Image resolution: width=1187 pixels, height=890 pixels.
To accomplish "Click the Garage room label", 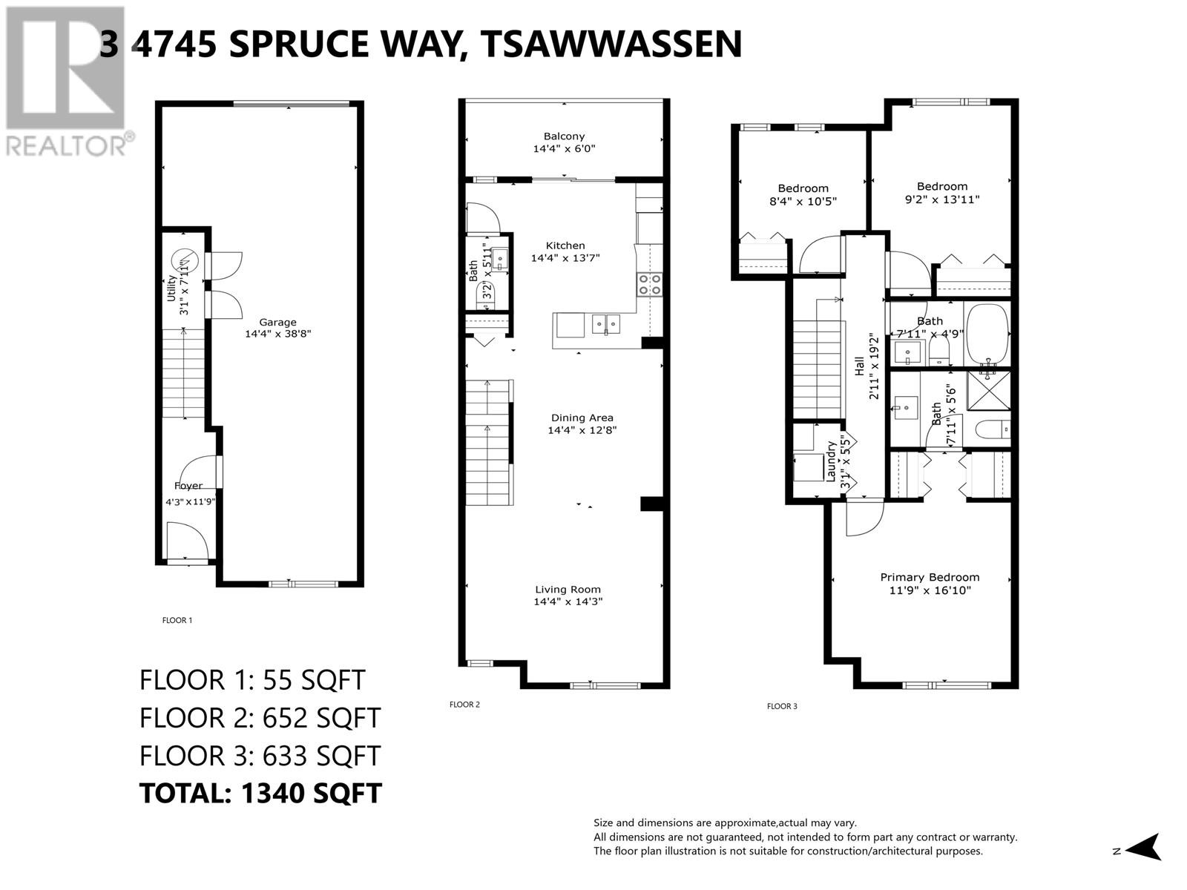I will coord(277,323).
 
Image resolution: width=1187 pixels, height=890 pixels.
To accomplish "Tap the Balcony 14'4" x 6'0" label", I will coord(564,142).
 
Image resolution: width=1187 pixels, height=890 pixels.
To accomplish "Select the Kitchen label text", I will coord(565,245).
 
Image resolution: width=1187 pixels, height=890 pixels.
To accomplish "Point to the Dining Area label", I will coord(582,418).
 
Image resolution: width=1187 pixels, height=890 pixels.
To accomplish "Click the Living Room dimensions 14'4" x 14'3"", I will coord(568,602).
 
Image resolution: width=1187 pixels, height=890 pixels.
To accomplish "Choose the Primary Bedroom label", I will coord(930,577).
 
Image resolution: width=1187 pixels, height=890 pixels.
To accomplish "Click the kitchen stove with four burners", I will coord(649,284).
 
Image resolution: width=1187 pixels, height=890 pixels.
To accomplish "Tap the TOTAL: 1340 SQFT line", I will coord(260,793).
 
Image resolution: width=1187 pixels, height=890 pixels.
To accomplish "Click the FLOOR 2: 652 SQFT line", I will coord(260,717).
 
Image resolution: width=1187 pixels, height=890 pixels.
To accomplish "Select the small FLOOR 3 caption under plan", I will coord(782,706).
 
